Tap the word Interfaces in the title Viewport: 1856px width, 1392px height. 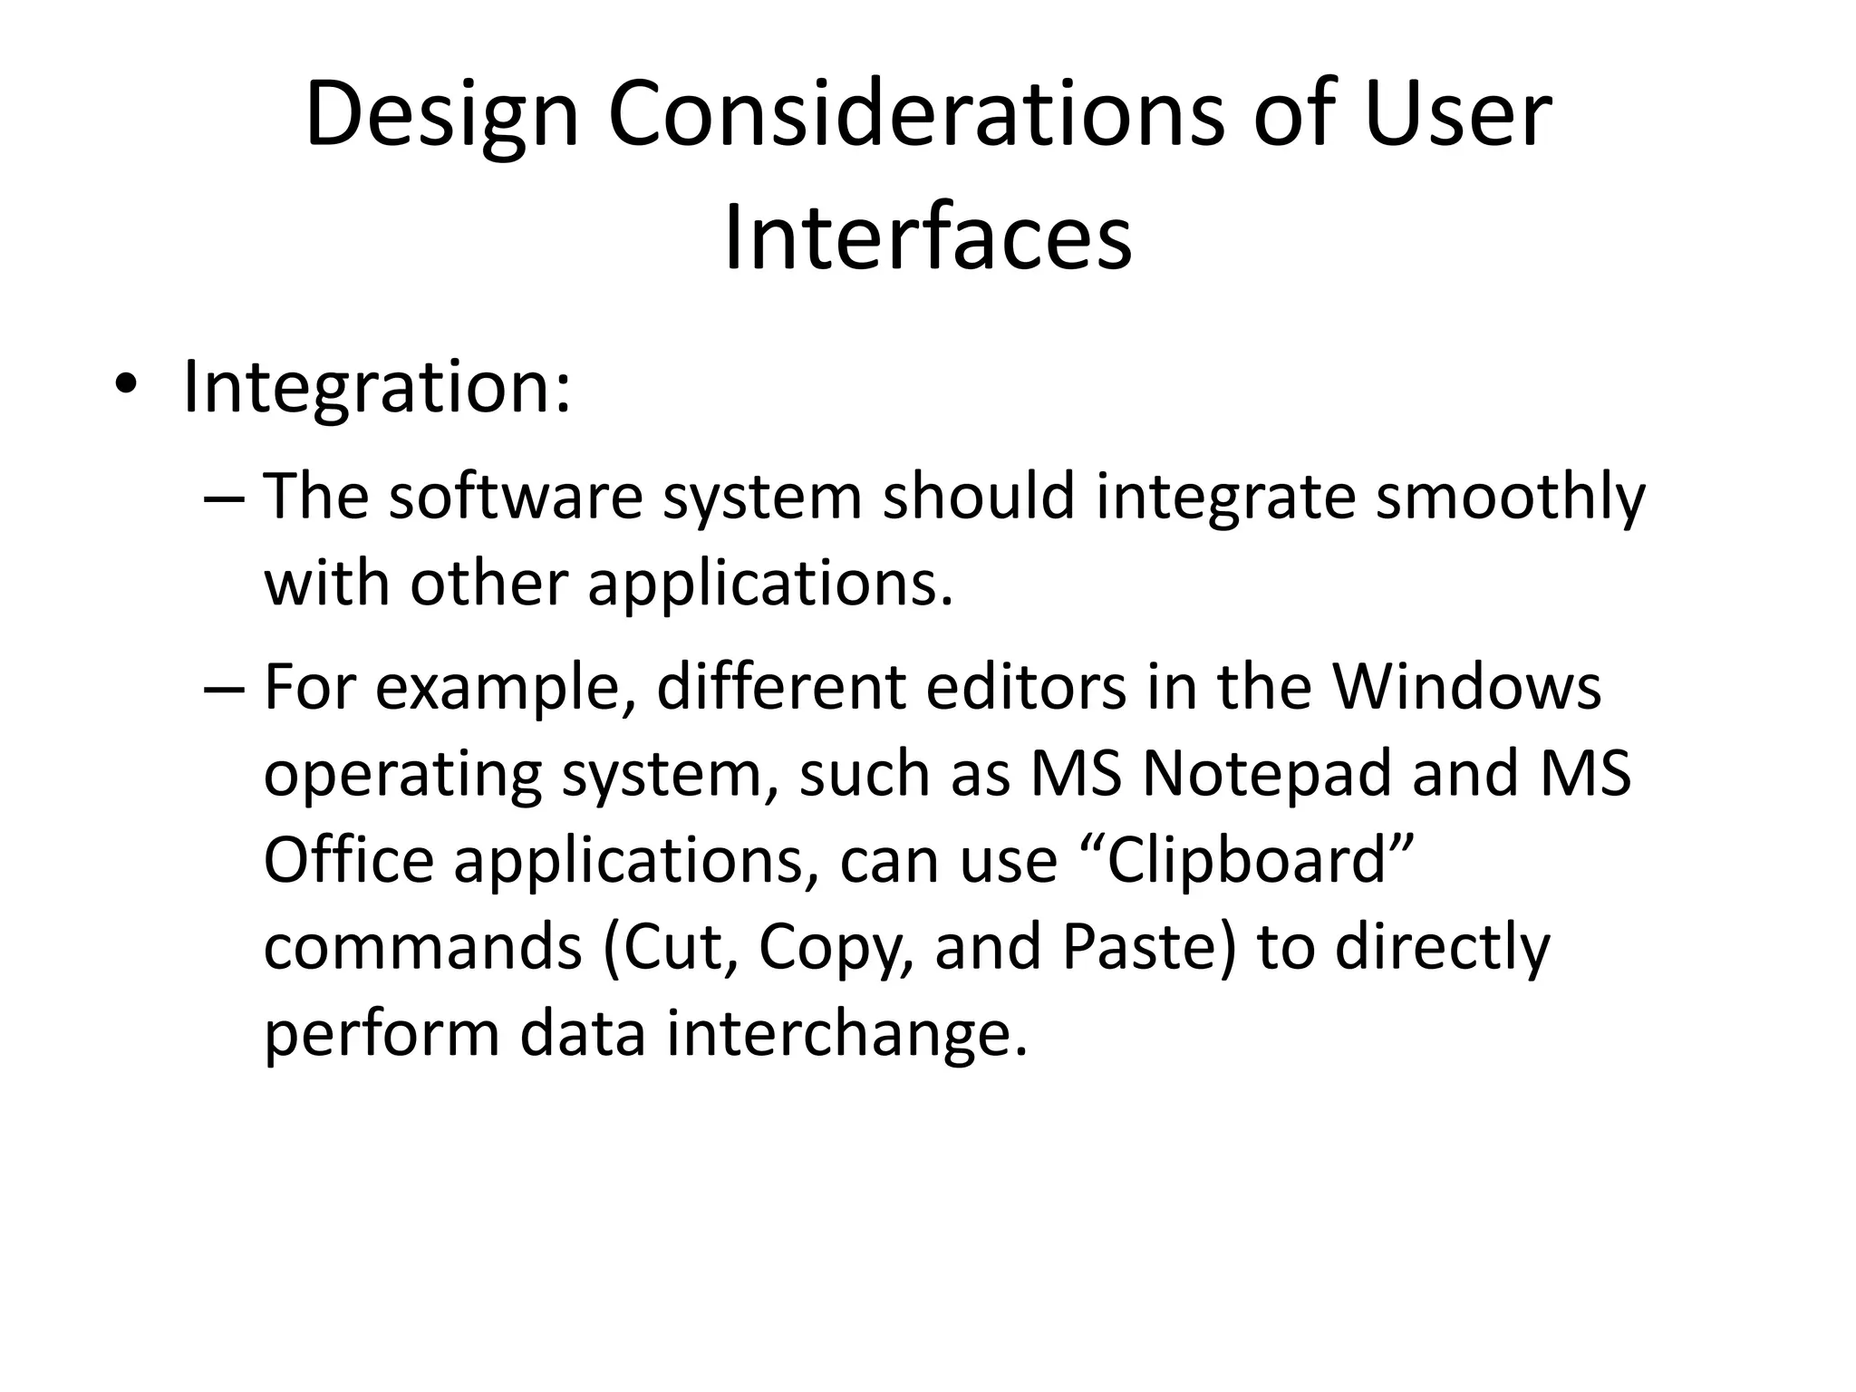[928, 238]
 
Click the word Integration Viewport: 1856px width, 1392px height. [376, 388]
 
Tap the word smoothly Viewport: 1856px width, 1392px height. [1509, 497]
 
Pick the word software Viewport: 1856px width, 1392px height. [516, 497]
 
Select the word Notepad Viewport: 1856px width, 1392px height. [1265, 774]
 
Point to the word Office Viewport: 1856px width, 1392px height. [348, 860]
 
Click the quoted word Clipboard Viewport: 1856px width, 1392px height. [1248, 860]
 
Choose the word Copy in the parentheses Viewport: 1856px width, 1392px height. [835, 947]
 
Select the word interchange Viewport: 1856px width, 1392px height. [846, 1034]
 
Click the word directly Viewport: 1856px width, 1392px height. [1443, 947]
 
